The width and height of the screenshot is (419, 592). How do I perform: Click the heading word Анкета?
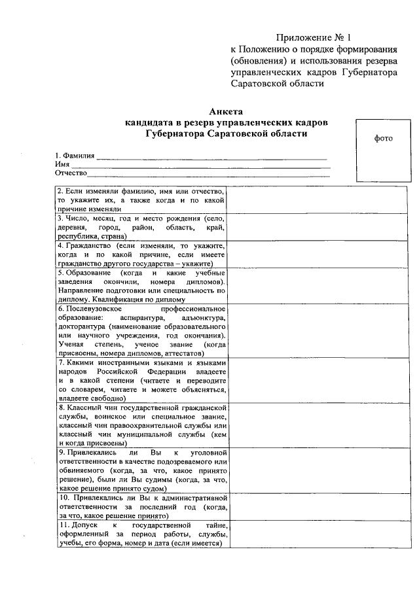(x=226, y=112)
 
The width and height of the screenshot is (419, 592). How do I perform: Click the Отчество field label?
(x=71, y=173)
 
